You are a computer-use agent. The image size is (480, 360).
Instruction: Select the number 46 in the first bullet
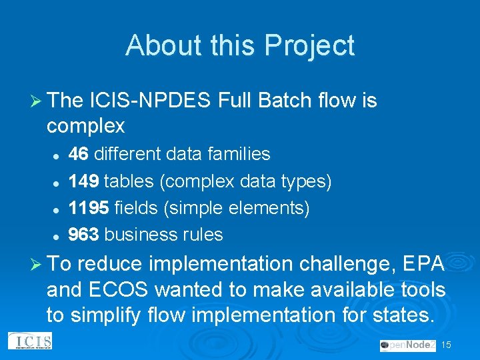point(79,154)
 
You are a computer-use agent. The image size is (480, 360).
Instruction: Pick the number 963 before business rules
point(84,235)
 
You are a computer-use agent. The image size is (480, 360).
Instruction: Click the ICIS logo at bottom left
point(30,341)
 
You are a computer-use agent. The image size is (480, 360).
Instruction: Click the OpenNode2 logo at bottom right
point(407,345)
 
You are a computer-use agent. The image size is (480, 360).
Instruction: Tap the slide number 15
point(447,345)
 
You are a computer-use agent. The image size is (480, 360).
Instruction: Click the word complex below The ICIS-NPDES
point(86,125)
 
